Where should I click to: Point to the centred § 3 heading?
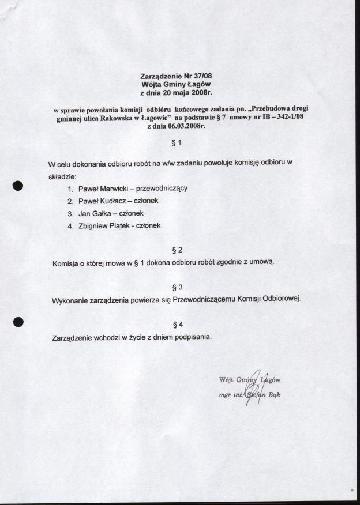[x=178, y=287]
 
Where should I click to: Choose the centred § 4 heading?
[x=178, y=323]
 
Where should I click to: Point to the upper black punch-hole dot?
[x=18, y=185]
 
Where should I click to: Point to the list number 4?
[x=70, y=226]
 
